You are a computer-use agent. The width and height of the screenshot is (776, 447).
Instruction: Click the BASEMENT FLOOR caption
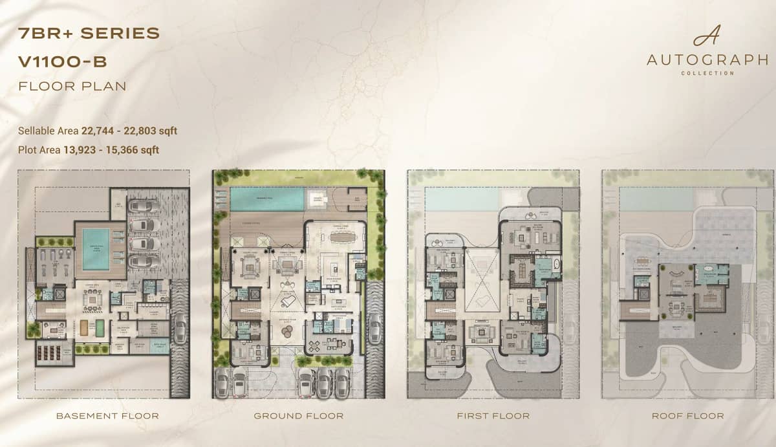click(x=107, y=415)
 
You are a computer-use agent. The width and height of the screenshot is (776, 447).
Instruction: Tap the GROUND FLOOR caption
click(x=298, y=415)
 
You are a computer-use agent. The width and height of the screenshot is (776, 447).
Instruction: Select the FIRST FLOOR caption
click(x=493, y=415)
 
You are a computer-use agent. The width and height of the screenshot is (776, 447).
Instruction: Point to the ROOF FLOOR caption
click(x=687, y=415)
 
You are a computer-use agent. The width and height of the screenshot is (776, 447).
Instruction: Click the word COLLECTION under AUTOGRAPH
click(x=707, y=73)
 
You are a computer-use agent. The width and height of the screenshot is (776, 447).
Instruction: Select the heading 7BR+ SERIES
click(x=89, y=34)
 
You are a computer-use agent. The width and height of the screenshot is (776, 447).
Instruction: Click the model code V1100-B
click(x=63, y=61)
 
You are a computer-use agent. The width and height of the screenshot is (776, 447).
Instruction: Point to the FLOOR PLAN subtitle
click(x=72, y=85)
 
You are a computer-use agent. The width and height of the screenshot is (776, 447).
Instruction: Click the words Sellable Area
click(x=48, y=131)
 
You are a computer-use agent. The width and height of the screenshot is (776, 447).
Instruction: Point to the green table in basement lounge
click(x=100, y=327)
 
